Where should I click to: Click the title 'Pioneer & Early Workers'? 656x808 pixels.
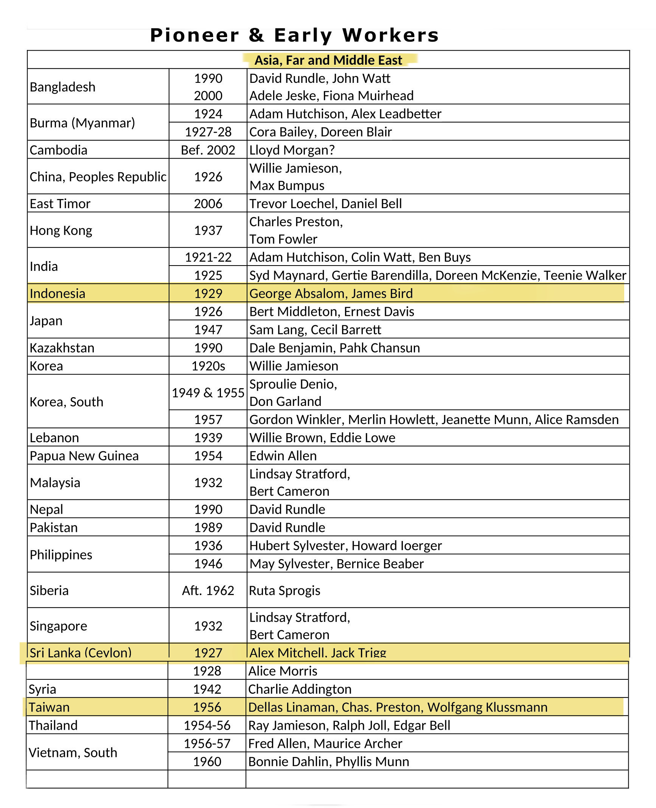294,35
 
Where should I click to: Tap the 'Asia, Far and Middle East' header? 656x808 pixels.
328,60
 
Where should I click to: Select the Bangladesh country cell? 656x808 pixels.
62,87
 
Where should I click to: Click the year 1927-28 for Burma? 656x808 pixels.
208,132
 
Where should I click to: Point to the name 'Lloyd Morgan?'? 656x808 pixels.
292,150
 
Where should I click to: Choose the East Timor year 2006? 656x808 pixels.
208,204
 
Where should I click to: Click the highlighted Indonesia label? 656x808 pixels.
58,294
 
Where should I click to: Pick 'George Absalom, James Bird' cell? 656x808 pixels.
331,294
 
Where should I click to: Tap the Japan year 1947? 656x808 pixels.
208,329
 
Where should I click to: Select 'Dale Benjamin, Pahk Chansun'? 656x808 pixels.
334,348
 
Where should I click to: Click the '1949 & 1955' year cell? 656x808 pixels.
208,393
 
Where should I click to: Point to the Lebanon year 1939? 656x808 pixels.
208,438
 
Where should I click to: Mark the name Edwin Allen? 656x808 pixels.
283,456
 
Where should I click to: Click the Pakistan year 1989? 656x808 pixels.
208,527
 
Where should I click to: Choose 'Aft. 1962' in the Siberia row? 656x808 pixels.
208,590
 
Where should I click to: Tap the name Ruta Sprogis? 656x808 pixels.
284,590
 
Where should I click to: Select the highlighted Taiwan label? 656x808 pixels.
49,707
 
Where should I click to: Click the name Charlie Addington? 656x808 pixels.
300,689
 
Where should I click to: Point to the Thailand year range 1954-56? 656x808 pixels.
207,725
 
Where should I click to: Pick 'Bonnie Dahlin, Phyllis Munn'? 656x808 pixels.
328,761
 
